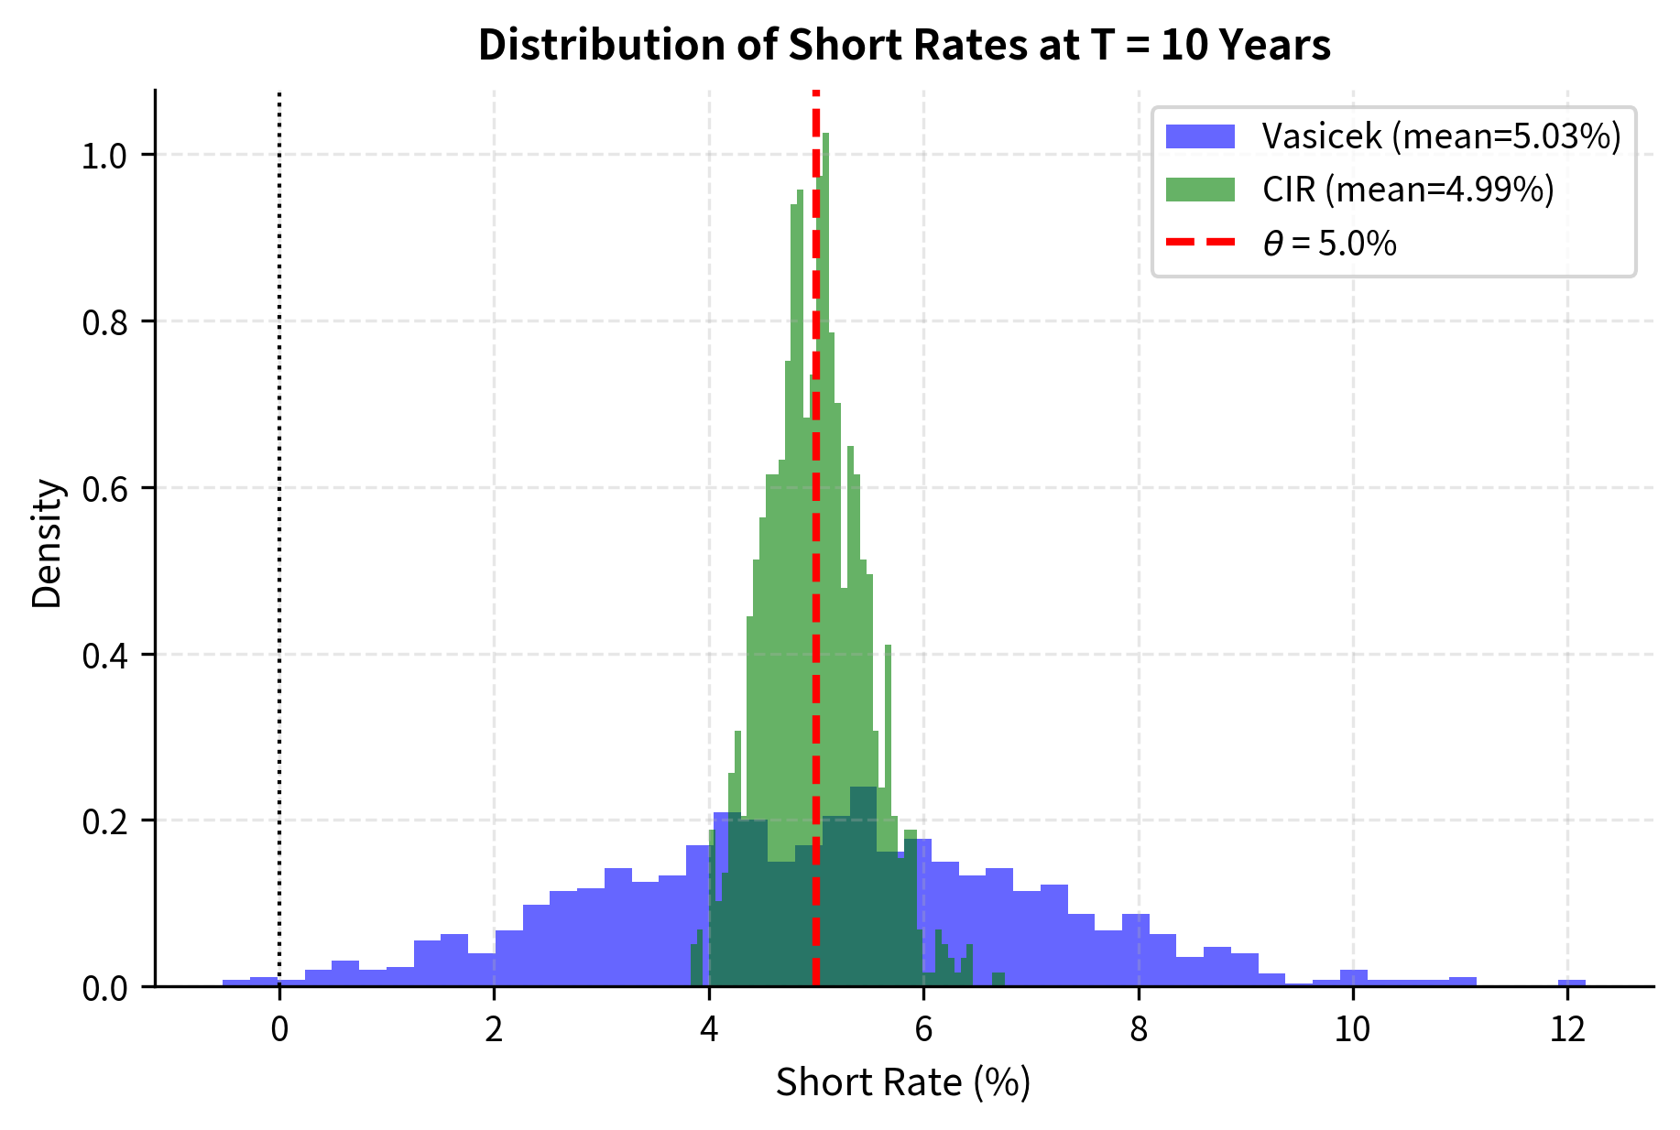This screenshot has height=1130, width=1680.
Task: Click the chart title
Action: (x=904, y=45)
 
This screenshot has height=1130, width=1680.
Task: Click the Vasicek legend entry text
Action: (x=1441, y=136)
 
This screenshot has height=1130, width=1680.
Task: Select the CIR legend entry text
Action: (x=1408, y=190)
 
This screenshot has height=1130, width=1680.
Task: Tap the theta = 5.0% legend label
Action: (x=1329, y=244)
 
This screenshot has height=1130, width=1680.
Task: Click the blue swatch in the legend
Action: (x=1200, y=136)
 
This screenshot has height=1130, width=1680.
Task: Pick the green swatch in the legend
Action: (x=1200, y=190)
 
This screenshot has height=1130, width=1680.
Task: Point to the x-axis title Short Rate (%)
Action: (x=903, y=1082)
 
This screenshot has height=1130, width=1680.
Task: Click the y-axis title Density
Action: (x=47, y=544)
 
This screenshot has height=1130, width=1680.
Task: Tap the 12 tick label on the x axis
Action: (x=1567, y=1030)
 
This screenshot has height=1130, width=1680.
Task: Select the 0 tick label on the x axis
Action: (x=279, y=1030)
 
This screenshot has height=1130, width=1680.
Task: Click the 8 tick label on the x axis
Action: (x=1138, y=1030)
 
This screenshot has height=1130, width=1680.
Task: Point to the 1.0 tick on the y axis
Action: (x=104, y=156)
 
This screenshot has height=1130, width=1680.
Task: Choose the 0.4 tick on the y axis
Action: (x=104, y=656)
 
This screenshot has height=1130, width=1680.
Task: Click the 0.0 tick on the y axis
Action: (x=104, y=988)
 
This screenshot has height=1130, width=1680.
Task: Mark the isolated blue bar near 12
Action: (x=1571, y=983)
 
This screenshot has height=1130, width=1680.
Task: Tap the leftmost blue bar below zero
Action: (x=236, y=983)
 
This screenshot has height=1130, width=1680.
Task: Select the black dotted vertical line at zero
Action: (x=279, y=549)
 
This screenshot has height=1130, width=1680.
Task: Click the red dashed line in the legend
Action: (x=1200, y=243)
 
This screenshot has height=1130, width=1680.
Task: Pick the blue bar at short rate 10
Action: (x=1353, y=978)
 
